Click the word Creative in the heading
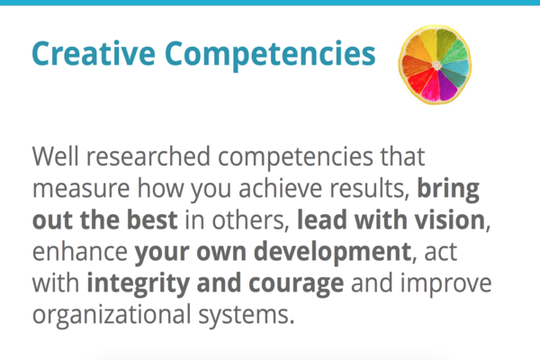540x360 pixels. (94, 53)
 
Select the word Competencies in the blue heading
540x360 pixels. (270, 55)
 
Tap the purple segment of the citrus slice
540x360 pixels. (447, 86)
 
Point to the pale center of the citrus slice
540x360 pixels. (436, 65)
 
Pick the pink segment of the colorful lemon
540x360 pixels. (431, 87)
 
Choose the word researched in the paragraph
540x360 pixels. (148, 157)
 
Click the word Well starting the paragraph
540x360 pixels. (55, 157)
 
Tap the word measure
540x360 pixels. (81, 188)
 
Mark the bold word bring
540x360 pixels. (448, 190)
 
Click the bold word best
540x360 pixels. (152, 220)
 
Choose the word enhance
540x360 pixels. (80, 252)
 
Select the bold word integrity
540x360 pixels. (138, 284)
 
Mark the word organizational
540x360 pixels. (112, 315)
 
